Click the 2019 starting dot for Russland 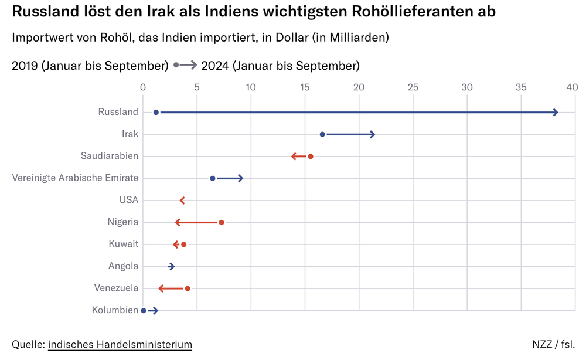pos(156,112)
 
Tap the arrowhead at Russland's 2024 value pos(555,112)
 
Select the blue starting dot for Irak pos(322,134)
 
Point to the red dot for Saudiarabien pos(311,156)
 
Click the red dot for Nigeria pos(222,222)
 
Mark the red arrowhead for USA pos(182,201)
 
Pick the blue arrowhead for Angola pos(172,266)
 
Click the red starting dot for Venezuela pos(188,288)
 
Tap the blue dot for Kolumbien pos(144,310)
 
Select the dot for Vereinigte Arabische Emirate pos(213,178)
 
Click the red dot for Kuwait pos(184,244)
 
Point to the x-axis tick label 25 pos(413,87)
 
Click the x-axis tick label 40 pos(572,87)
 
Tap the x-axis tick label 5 pos(197,87)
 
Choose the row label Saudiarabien pos(110,156)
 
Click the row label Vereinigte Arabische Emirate pos(75,178)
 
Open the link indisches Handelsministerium pos(120,344)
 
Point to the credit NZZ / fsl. pos(553,344)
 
